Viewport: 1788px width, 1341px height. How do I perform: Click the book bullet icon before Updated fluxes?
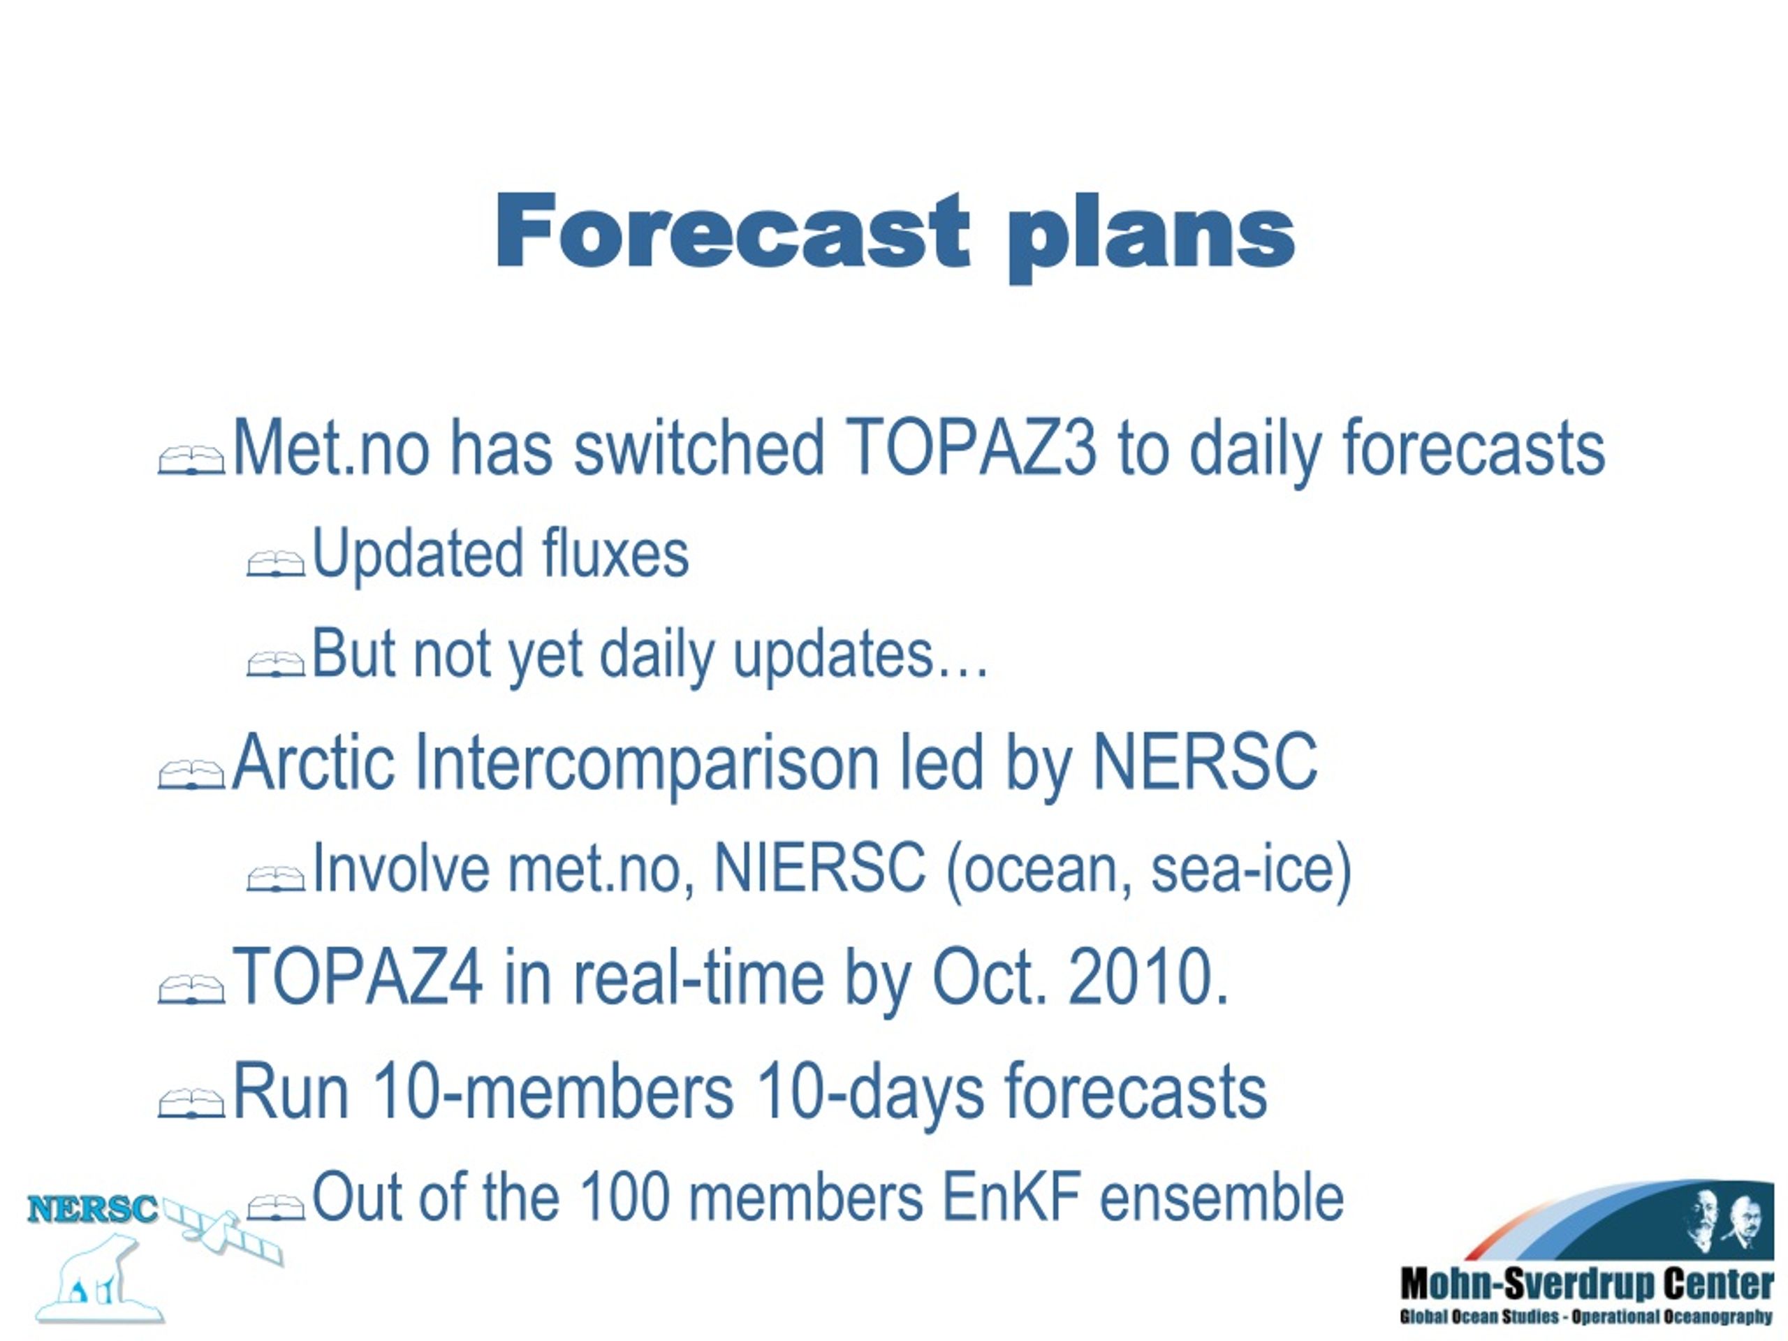pyautogui.click(x=276, y=564)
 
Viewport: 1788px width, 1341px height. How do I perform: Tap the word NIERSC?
pyautogui.click(x=820, y=868)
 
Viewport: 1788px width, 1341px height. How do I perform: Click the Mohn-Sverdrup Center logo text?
pyautogui.click(x=1586, y=1284)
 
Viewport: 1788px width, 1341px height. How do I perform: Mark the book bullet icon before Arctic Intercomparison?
pyautogui.click(x=191, y=774)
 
